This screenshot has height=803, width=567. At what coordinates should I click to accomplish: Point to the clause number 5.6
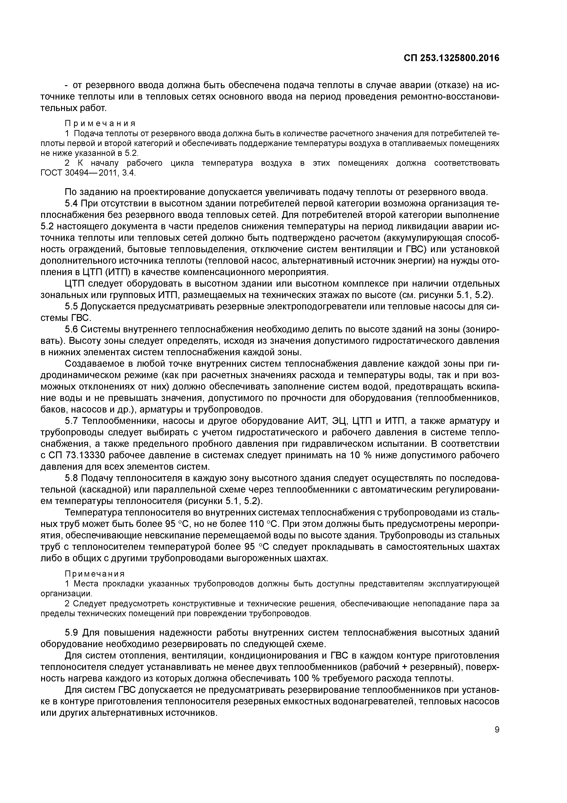(x=72, y=330)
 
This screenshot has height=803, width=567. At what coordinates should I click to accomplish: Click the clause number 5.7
(x=72, y=421)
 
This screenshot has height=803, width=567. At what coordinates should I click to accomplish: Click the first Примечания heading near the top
(x=100, y=123)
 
